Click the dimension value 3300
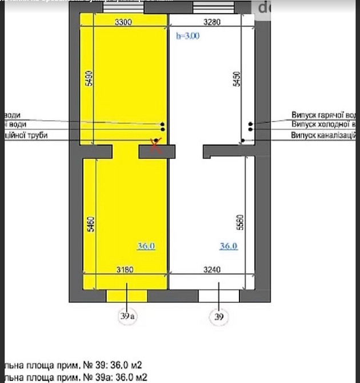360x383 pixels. (x=123, y=23)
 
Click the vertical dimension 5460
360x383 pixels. (x=90, y=223)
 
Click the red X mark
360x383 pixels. (x=155, y=143)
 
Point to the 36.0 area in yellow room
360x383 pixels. (x=147, y=246)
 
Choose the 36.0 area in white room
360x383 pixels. (x=229, y=246)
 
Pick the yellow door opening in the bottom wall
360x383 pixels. (x=127, y=296)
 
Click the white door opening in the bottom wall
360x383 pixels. (x=218, y=296)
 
